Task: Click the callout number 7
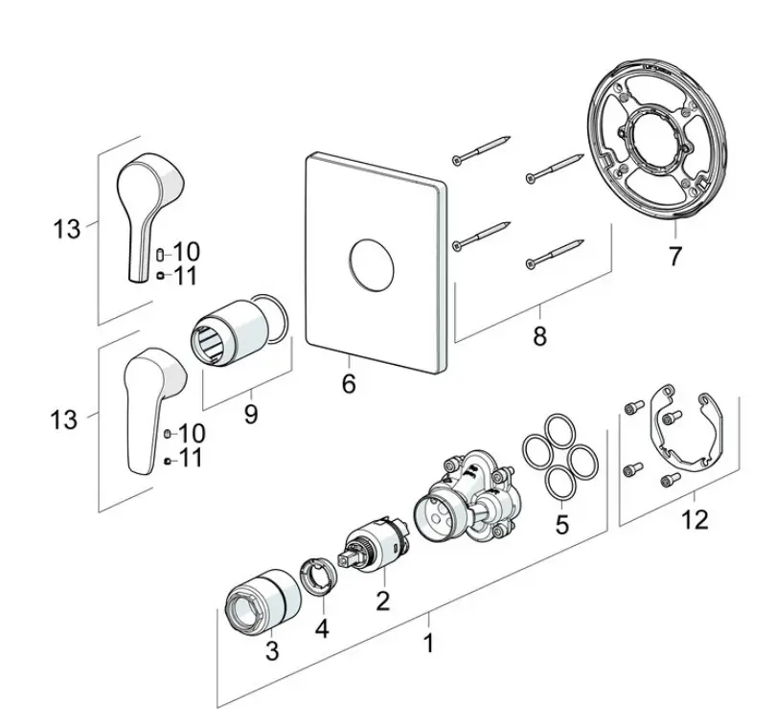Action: coord(675,256)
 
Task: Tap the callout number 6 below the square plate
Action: coord(349,383)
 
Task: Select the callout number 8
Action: coord(539,336)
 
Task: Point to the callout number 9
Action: coord(251,414)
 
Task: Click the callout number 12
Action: coord(695,519)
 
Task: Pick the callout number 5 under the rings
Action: coord(561,524)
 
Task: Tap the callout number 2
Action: coord(382,600)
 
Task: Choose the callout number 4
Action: coord(322,628)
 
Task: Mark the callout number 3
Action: coord(272,650)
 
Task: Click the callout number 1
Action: coord(428,643)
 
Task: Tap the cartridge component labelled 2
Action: coord(374,544)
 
